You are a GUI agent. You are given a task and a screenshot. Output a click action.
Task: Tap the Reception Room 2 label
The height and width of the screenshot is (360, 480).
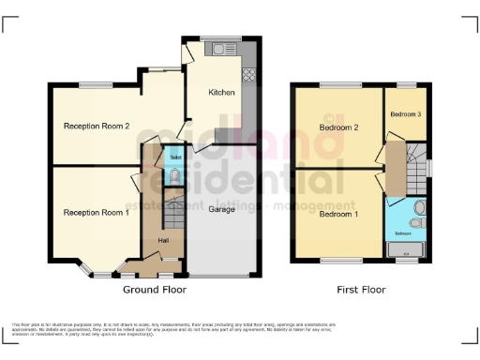(x=96, y=126)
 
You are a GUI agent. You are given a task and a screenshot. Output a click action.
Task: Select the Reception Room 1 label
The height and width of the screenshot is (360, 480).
(x=96, y=212)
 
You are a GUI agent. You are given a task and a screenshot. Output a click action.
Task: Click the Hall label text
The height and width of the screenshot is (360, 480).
(x=163, y=242)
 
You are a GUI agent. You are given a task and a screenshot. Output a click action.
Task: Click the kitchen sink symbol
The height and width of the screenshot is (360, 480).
(x=225, y=45)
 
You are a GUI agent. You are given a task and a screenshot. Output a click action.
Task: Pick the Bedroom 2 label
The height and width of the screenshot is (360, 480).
(x=339, y=127)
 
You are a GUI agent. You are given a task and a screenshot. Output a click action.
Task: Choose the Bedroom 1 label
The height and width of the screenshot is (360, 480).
(x=339, y=214)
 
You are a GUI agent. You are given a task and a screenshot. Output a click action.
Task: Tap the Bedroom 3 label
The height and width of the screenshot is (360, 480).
(x=406, y=114)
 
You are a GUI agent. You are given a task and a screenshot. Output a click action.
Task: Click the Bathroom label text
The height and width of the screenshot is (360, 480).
(x=403, y=233)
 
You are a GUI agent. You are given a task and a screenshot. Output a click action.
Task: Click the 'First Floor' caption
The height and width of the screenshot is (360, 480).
(x=361, y=290)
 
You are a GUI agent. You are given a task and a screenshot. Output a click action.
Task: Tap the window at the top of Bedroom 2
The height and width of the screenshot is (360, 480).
(x=336, y=85)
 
